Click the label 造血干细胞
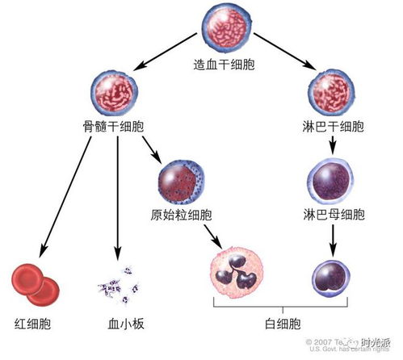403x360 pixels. (225, 64)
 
